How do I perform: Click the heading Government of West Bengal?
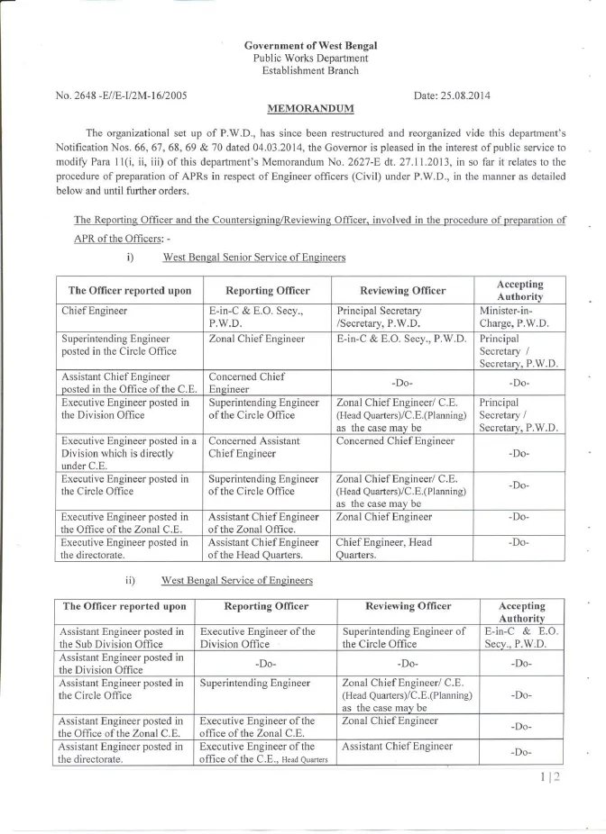tap(310, 45)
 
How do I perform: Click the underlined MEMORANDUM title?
tap(311, 107)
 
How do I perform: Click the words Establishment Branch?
tap(310, 70)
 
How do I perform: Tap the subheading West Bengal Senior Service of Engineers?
tap(253, 258)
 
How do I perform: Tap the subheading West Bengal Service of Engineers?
tap(236, 580)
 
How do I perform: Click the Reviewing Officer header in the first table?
tap(402, 291)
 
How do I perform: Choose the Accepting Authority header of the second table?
tap(521, 612)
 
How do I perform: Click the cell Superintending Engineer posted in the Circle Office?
tap(118, 345)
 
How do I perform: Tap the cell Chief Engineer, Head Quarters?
tap(383, 548)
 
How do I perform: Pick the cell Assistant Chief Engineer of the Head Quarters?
tap(263, 548)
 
